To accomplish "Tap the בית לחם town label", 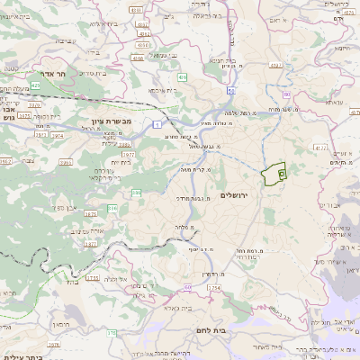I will [241, 330].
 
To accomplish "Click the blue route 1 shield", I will [156, 123].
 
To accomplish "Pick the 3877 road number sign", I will [91, 243].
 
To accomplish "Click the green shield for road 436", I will [183, 78].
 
